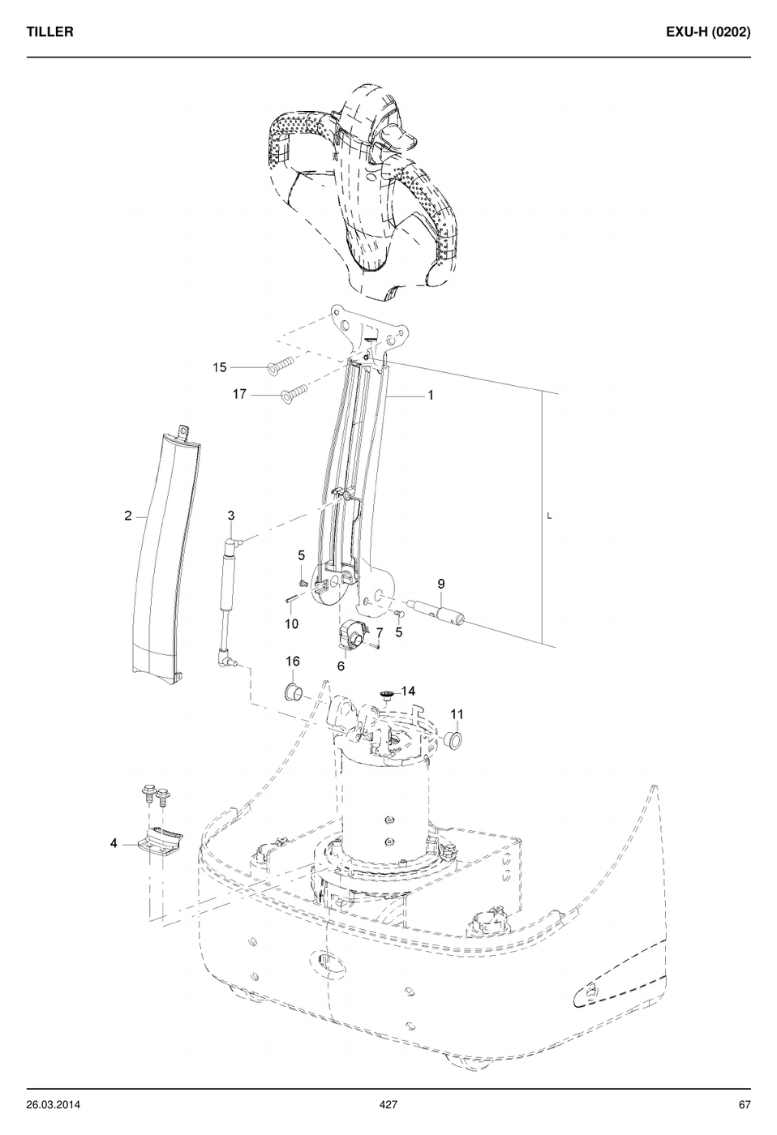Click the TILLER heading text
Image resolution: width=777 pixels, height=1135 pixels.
(x=49, y=32)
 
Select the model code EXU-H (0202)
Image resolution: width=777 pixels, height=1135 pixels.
(x=708, y=32)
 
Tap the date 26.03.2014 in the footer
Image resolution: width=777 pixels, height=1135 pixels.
(x=54, y=1104)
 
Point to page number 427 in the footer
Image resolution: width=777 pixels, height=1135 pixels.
(x=388, y=1104)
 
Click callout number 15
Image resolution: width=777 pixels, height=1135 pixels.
(x=220, y=367)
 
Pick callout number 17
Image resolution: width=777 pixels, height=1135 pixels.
(x=239, y=394)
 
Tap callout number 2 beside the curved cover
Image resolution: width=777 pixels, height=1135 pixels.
(x=127, y=516)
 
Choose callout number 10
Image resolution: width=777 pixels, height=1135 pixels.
(x=291, y=623)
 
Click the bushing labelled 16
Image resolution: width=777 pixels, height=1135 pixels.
(x=293, y=691)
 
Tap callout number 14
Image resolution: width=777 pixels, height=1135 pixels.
(x=408, y=691)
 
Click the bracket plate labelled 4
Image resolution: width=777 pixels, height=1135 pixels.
(x=161, y=843)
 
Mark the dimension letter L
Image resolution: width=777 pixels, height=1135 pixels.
(x=549, y=516)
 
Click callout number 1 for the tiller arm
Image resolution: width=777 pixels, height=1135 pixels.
(x=431, y=395)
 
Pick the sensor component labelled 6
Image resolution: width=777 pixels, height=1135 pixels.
(x=350, y=634)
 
